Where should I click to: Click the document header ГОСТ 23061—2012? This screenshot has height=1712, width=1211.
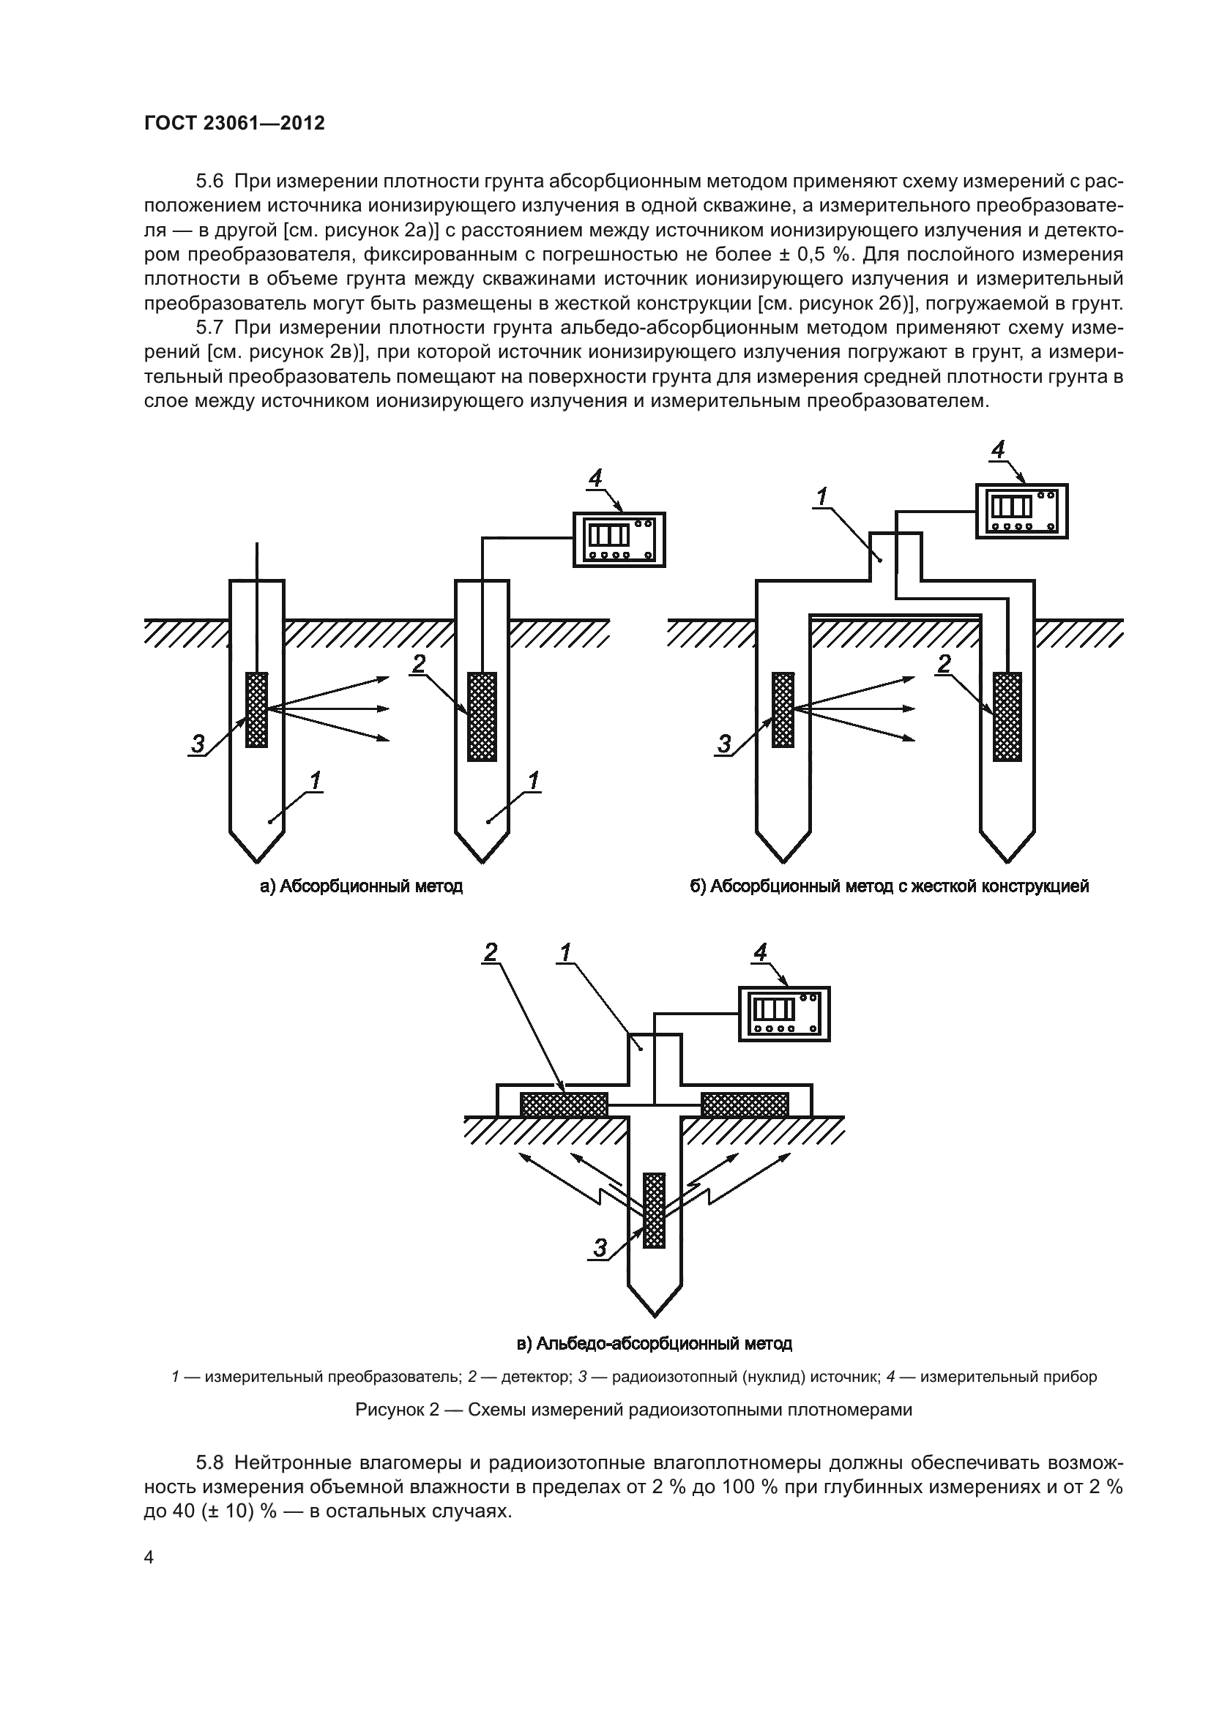tap(234, 123)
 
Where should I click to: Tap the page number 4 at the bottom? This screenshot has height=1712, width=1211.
tap(149, 1558)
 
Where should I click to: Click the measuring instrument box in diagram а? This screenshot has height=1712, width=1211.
tap(619, 540)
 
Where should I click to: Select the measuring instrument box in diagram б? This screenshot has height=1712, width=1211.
tap(1021, 511)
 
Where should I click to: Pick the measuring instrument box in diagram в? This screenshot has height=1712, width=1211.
tap(783, 1013)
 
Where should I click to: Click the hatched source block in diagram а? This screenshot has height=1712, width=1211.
tap(256, 710)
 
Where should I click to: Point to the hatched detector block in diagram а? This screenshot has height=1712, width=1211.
tap(482, 717)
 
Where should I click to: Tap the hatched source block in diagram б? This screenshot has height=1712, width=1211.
tap(783, 710)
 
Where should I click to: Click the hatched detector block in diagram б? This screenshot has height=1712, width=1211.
tap(1007, 717)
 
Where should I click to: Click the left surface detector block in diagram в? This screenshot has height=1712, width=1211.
tap(564, 1104)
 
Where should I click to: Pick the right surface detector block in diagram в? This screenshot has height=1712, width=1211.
tap(744, 1104)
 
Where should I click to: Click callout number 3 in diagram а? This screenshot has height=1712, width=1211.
tap(197, 744)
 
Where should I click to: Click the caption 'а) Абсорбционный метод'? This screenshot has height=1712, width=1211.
tap(361, 886)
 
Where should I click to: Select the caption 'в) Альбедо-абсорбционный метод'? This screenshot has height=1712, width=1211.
tap(654, 1344)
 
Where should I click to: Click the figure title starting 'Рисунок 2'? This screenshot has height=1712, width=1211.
tap(634, 1410)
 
